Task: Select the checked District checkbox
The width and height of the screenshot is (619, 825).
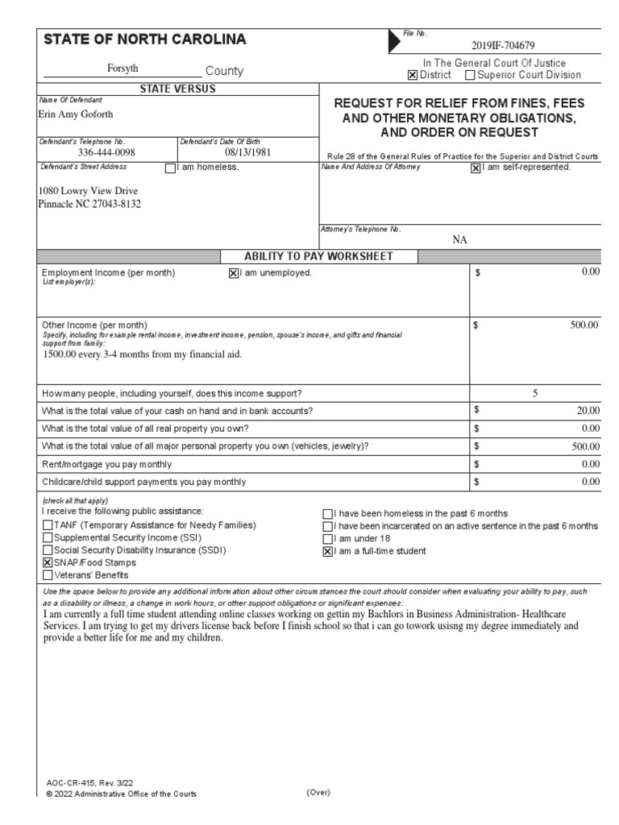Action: click(x=413, y=76)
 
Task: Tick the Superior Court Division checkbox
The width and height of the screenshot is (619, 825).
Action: click(x=470, y=76)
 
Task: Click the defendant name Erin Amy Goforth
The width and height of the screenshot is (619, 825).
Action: click(x=77, y=114)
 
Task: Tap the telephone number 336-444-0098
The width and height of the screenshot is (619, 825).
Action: click(x=106, y=152)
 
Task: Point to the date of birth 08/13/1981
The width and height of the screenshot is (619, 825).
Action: click(x=248, y=152)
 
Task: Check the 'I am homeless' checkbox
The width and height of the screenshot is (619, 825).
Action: click(x=169, y=168)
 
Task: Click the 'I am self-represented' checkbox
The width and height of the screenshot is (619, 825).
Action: click(x=476, y=168)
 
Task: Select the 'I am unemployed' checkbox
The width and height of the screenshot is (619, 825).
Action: click(x=234, y=273)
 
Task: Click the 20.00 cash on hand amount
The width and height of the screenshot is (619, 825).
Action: click(x=588, y=411)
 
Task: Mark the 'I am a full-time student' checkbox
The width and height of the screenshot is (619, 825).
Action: click(x=327, y=552)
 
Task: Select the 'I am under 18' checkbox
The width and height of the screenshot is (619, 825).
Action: click(x=327, y=539)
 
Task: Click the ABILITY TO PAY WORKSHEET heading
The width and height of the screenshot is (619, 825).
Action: click(x=318, y=256)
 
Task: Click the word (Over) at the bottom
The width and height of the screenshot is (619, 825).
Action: click(x=319, y=793)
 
